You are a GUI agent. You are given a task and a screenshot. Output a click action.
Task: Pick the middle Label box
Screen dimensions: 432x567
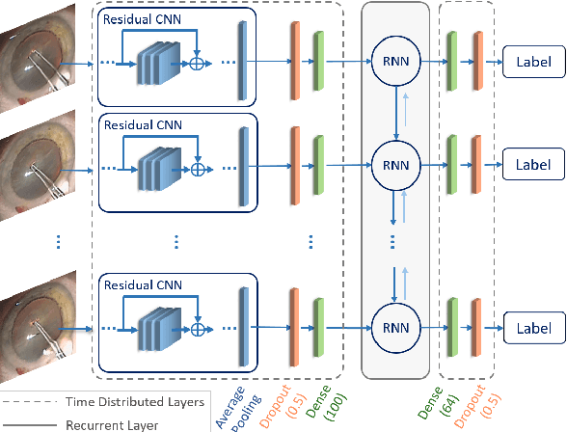coord(528,165)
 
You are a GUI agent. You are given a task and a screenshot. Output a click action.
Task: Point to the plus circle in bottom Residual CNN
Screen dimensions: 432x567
coord(199,329)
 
